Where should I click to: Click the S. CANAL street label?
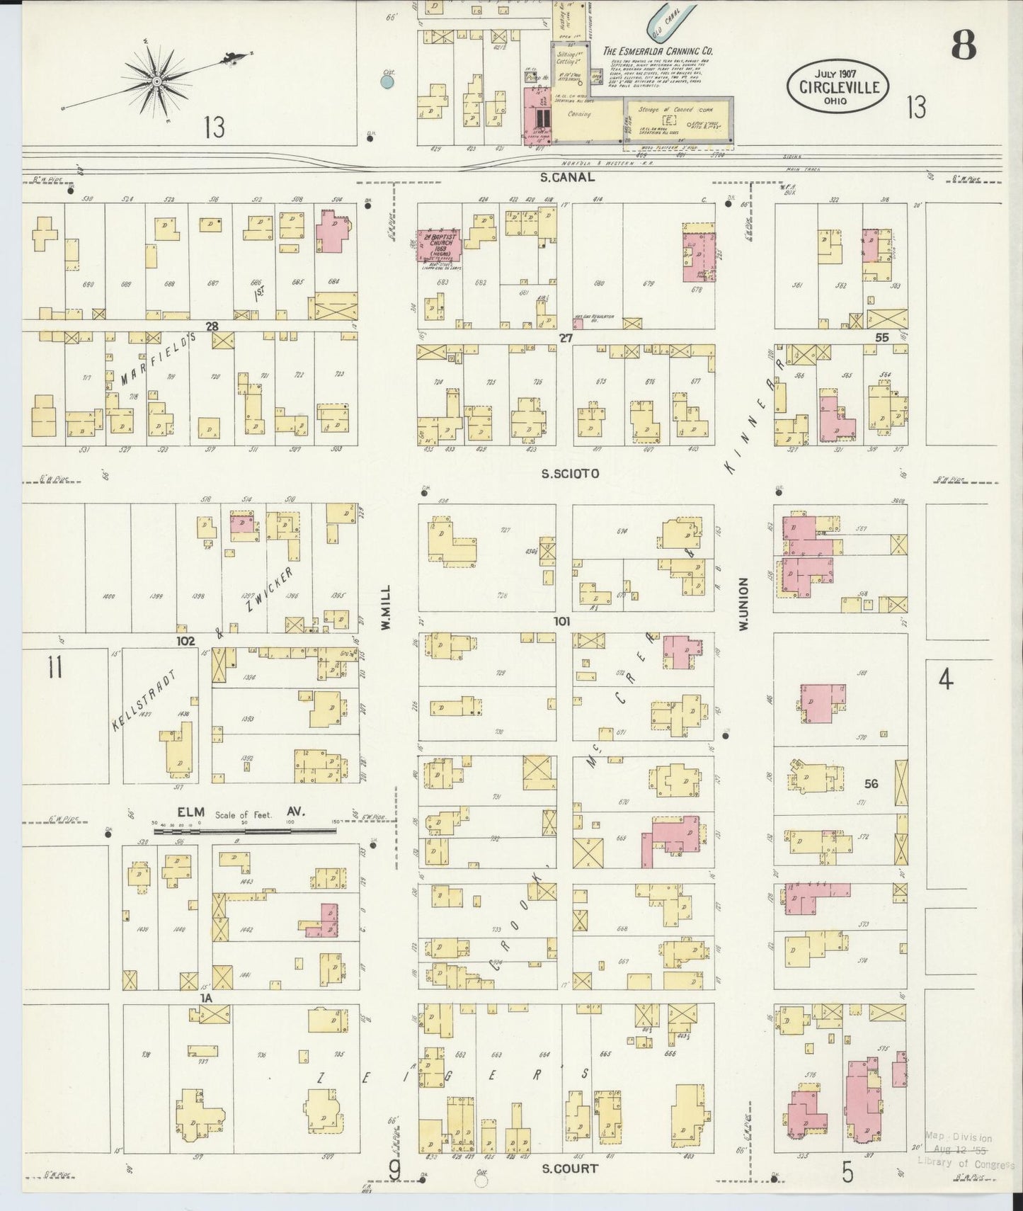coord(566,178)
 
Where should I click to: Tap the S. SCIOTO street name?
coord(570,474)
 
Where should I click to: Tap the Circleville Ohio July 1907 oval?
coord(838,86)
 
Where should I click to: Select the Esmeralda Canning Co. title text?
coord(657,51)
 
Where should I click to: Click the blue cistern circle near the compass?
coord(387,81)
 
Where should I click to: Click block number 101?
coord(562,621)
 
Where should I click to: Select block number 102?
coord(185,640)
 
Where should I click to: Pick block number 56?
coord(871,783)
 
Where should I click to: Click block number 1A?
coord(206,997)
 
